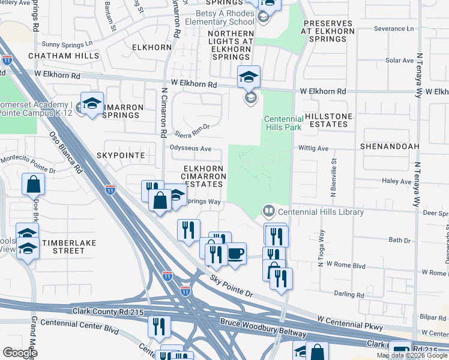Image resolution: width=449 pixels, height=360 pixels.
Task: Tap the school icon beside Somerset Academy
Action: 92,104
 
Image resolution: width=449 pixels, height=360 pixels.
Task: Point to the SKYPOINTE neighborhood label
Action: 121,155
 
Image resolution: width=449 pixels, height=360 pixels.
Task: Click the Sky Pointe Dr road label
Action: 232,287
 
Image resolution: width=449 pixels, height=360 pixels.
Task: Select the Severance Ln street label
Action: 394,28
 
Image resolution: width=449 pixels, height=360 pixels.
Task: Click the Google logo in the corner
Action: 19,353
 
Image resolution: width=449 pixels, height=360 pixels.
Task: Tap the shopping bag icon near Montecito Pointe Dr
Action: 32,184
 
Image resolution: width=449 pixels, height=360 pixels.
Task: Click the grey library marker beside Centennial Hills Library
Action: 268,212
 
